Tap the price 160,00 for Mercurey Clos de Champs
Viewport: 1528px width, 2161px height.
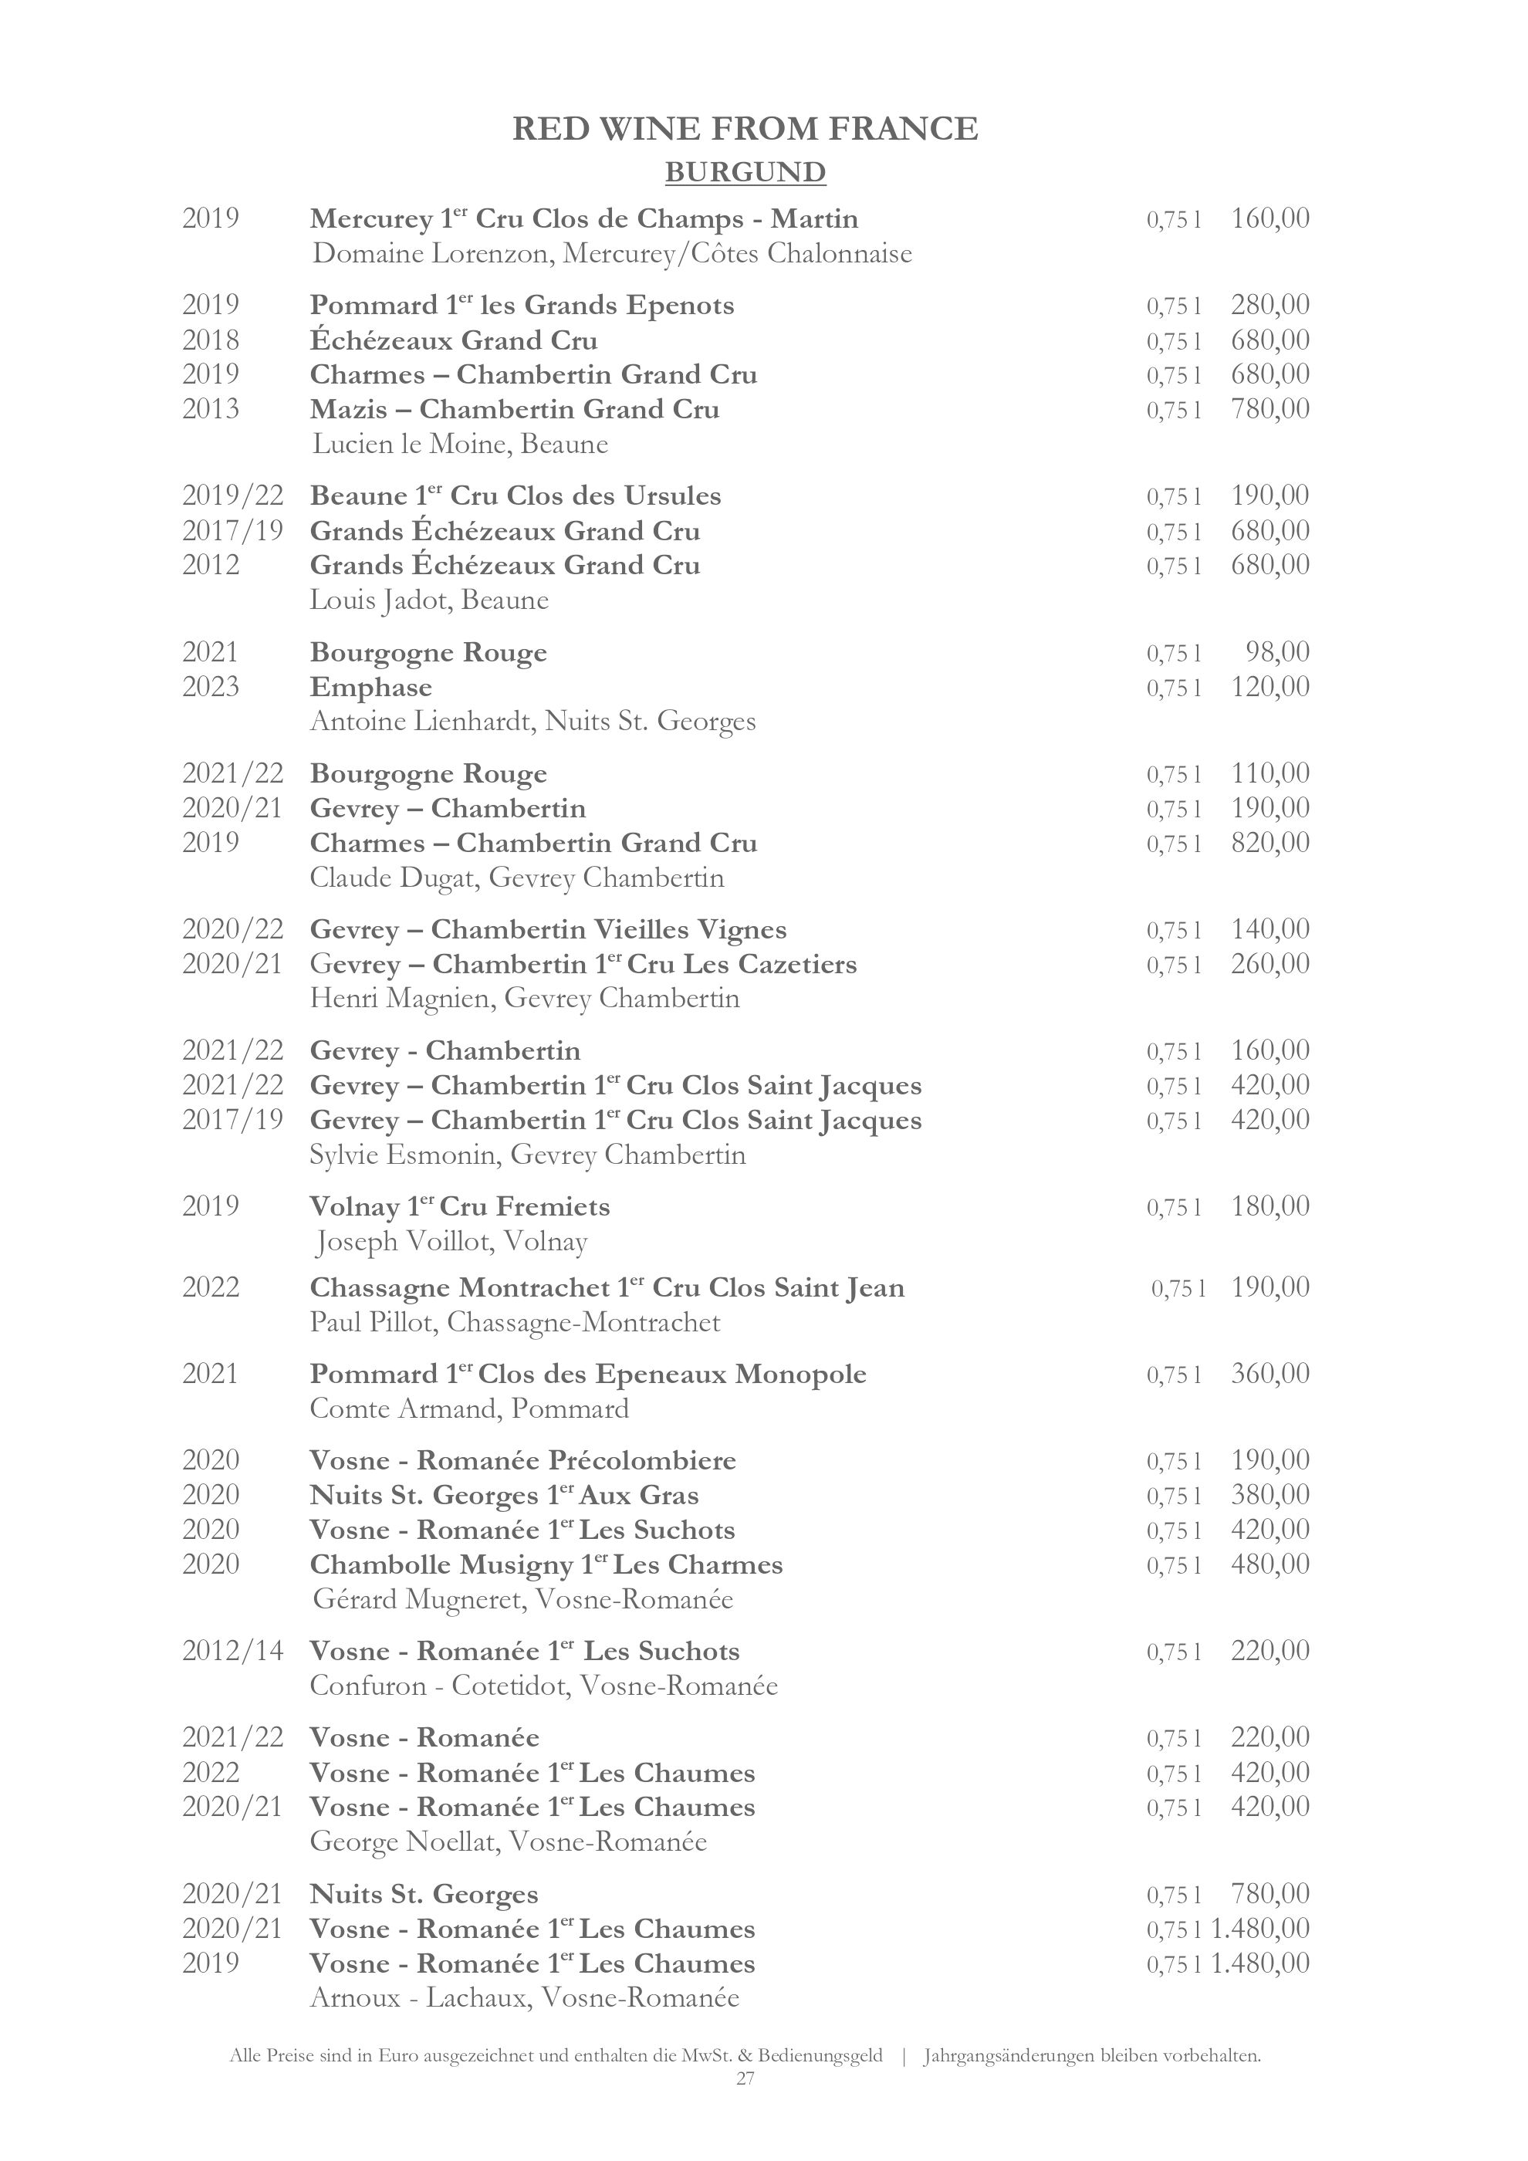pos(1269,218)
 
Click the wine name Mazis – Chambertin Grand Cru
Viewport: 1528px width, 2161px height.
pos(514,409)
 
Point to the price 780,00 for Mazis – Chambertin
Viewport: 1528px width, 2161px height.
pos(1269,408)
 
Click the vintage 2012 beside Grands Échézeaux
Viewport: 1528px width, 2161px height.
pos(211,565)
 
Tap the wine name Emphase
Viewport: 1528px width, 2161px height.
pos(370,687)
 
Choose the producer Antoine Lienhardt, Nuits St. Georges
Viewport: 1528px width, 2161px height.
pos(532,722)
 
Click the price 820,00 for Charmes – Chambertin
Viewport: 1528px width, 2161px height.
pos(1269,841)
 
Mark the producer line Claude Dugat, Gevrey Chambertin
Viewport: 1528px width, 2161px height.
pos(516,878)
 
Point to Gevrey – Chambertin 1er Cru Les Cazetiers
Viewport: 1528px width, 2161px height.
pos(583,964)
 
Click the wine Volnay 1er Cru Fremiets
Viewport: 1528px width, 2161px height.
pos(459,1206)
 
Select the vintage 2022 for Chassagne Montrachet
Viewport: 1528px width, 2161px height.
pos(211,1287)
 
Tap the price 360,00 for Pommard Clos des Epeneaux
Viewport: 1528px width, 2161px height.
pos(1269,1373)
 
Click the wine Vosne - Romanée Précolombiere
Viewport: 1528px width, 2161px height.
pos(522,1461)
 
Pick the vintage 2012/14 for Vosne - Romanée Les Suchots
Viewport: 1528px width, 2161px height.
pos(232,1651)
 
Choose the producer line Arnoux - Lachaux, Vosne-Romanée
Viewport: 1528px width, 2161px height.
pos(524,1997)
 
